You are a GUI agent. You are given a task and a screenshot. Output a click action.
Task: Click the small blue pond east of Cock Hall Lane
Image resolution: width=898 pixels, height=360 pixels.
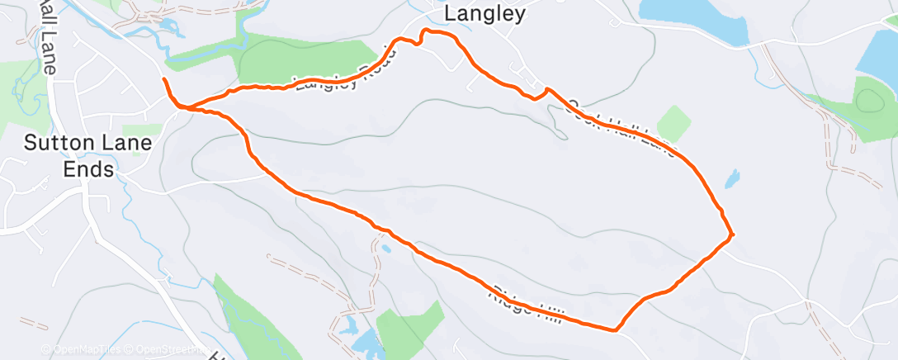point(731,179)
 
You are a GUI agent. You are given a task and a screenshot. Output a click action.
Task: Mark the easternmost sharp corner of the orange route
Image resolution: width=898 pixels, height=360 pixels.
point(732,235)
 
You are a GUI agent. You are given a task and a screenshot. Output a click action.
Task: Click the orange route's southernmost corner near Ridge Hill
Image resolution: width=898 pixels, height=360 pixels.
point(615,331)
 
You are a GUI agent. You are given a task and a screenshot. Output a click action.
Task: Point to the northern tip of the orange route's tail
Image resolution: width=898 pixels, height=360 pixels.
point(164,79)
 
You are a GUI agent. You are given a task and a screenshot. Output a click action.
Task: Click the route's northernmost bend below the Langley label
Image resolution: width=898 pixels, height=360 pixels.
point(426,31)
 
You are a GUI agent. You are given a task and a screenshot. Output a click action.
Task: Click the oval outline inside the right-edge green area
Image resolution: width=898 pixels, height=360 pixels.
point(871,102)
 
